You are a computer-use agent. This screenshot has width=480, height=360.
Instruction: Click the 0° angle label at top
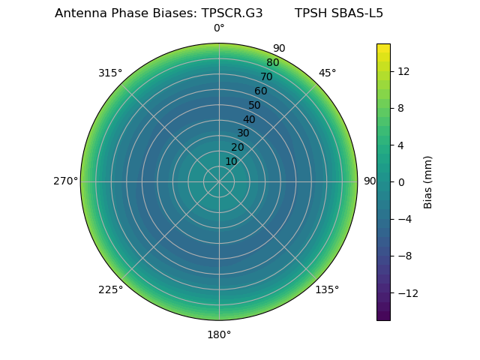coord(219,28)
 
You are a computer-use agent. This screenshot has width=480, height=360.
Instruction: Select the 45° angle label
coord(327,73)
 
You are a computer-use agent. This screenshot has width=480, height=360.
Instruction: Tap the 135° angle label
coord(327,289)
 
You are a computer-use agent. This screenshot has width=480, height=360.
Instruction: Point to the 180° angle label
coord(219,334)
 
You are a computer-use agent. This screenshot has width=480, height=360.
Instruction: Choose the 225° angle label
coord(110,290)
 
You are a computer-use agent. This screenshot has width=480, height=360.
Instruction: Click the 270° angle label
coord(65,181)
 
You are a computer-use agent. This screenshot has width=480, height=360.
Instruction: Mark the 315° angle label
coord(110,73)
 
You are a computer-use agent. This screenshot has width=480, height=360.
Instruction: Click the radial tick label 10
coord(231,161)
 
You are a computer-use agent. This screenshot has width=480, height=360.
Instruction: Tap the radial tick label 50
coord(255,106)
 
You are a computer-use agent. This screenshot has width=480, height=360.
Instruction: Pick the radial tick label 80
coord(272,63)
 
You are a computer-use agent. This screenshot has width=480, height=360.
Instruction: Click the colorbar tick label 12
coord(403,71)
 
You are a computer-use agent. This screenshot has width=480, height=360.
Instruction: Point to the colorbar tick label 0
coord(400,181)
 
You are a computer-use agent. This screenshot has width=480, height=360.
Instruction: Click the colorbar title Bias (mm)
coord(428,181)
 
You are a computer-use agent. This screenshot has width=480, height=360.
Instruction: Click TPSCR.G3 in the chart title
coord(232,13)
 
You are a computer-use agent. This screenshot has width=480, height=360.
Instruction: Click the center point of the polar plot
coord(219,181)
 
